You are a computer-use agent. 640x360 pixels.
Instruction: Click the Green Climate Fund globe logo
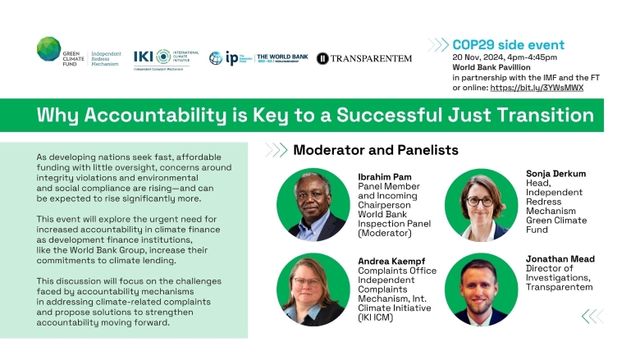[48, 48]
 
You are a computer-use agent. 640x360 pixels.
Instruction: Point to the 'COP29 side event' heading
[508, 44]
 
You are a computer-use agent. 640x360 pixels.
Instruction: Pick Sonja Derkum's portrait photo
[482, 205]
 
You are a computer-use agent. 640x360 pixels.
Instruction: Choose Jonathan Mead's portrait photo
[482, 289]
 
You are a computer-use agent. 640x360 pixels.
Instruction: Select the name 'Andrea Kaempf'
[396, 262]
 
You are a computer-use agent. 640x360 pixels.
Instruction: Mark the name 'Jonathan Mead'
[560, 259]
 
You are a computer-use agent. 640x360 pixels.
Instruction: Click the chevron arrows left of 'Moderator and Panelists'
[275, 150]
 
